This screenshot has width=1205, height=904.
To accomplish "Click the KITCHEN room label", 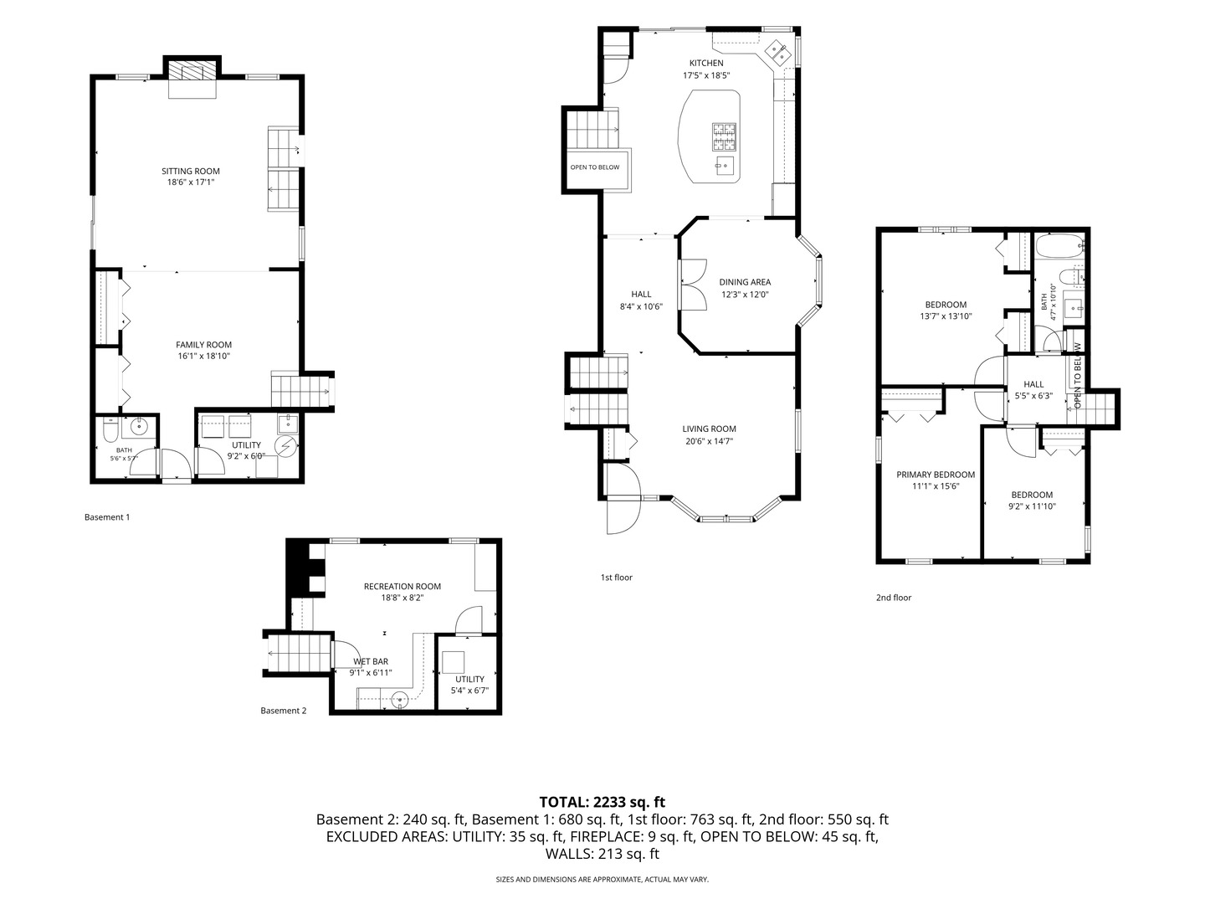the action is click(x=706, y=63).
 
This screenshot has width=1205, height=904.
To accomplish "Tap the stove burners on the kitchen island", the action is click(x=724, y=136).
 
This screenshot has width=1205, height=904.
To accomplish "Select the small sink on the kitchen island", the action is click(x=725, y=165).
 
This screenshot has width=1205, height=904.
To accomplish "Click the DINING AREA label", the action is click(x=745, y=282).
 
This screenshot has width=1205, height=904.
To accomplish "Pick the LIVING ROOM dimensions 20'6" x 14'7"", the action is click(x=708, y=441).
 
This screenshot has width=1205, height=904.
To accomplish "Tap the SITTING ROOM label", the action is click(x=191, y=172).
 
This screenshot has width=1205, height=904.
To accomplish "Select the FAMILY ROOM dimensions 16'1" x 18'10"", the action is click(x=203, y=357).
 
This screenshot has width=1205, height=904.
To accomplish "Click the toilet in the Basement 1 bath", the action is click(x=110, y=431).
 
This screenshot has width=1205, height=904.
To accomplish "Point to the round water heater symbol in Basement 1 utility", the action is click(x=286, y=446).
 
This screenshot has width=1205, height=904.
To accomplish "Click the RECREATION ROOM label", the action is click(x=403, y=586).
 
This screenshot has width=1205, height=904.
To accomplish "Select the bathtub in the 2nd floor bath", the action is click(x=1060, y=246).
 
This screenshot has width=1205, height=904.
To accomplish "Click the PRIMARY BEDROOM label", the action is click(x=936, y=475).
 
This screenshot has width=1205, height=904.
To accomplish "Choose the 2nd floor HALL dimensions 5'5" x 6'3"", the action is click(x=1033, y=396).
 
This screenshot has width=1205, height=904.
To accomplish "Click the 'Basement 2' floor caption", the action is click(x=284, y=711).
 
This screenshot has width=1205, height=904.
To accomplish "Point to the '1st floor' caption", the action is click(x=617, y=578).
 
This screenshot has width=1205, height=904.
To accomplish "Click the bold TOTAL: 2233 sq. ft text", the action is click(x=602, y=803).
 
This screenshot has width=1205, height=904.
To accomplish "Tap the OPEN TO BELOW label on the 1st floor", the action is click(x=594, y=167).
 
